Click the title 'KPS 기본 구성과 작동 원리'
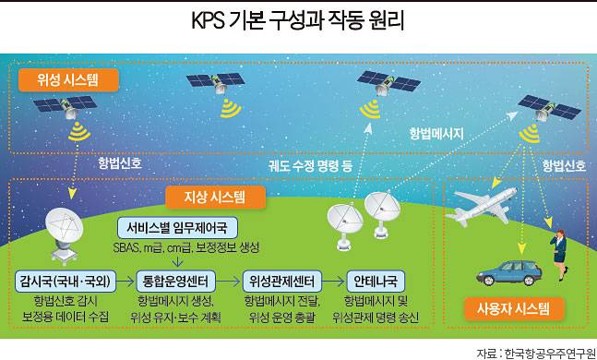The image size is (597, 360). click(298, 20)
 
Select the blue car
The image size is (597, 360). click(506, 271)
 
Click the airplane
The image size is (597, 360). click(486, 205)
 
